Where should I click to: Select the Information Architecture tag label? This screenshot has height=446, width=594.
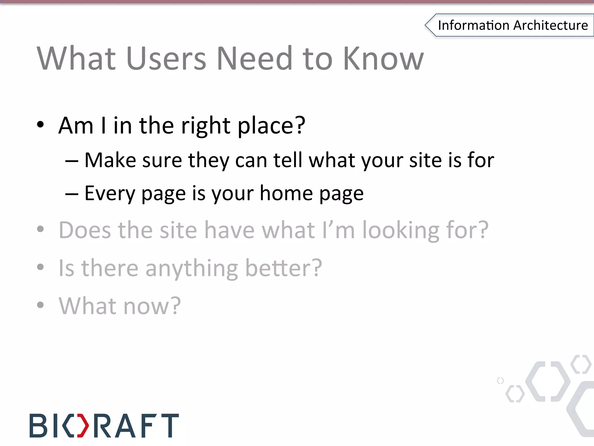[x=512, y=25]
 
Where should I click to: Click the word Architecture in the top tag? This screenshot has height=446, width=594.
[x=550, y=25]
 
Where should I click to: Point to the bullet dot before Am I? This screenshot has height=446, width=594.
[x=40, y=125]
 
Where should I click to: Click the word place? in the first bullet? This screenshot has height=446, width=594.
[x=271, y=126]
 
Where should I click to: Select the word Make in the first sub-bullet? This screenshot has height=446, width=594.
[x=110, y=160]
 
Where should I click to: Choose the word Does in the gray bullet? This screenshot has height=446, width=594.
[x=84, y=230]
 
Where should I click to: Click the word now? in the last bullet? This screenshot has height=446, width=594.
[x=152, y=306]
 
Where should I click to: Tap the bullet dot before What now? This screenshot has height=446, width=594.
[x=40, y=305]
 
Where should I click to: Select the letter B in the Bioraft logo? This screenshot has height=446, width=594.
[x=38, y=426]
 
